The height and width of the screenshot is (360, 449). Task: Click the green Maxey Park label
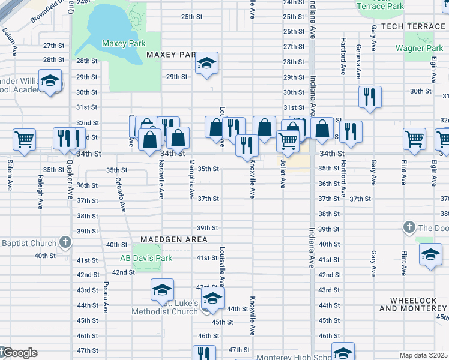pyautogui.click(x=124, y=44)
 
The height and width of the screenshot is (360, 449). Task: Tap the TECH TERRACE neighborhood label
pyautogui.click(x=412, y=27)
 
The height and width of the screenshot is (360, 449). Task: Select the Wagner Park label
pyautogui.click(x=423, y=49)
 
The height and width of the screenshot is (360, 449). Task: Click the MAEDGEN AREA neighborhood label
pyautogui.click(x=174, y=239)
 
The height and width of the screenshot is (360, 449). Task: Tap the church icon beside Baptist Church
pyautogui.click(x=65, y=243)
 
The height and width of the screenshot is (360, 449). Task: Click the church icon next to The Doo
pyautogui.click(x=409, y=227)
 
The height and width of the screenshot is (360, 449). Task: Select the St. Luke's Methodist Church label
pyautogui.click(x=165, y=307)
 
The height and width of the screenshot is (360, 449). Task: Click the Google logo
pyautogui.click(x=19, y=353)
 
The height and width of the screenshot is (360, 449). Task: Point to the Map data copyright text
pyautogui.click(x=424, y=355)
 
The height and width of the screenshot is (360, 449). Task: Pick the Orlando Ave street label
pyautogui.click(x=122, y=194)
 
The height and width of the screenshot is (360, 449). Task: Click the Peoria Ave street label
pyautogui.click(x=106, y=297)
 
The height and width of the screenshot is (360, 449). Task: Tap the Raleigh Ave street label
pyautogui.click(x=41, y=188)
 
